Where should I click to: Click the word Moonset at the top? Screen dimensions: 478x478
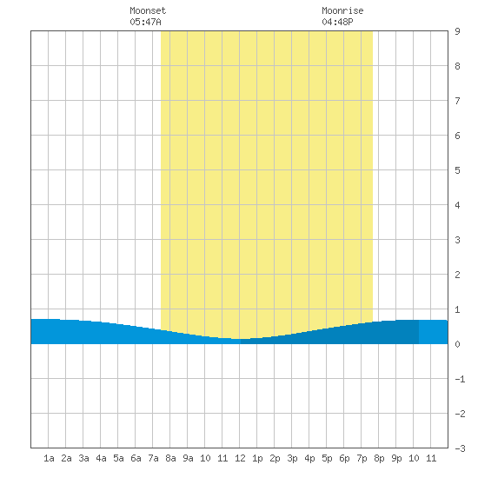(148, 10)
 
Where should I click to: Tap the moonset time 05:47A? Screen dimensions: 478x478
(145, 22)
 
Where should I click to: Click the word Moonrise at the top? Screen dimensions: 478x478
(342, 10)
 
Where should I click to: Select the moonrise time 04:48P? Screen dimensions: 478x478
(337, 22)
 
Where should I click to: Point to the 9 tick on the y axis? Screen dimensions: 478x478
(457, 31)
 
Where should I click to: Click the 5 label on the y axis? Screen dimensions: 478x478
(457, 170)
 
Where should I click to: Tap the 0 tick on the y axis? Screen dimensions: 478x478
(457, 344)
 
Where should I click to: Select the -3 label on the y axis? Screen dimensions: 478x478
(460, 448)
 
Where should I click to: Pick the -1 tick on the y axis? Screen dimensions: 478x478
(460, 379)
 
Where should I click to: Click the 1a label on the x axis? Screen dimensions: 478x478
(49, 458)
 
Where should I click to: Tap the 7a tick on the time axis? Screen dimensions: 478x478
(153, 458)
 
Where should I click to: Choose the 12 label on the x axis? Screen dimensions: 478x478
(240, 458)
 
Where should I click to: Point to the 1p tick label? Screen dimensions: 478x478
(257, 458)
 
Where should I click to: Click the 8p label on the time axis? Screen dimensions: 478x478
(379, 458)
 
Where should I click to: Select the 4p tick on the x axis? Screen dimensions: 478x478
(309, 458)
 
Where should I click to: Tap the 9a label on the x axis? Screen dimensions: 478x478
(188, 458)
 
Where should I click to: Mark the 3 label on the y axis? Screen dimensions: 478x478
(457, 240)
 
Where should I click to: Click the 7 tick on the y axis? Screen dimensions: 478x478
(457, 101)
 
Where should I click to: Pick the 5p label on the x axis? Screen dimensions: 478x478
(327, 458)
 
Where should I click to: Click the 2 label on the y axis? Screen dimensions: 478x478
(457, 275)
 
